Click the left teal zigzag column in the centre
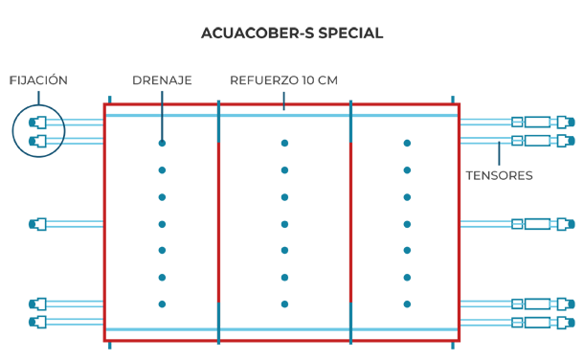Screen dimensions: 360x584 coord(162,225)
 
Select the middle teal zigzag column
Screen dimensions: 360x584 coord(283,225)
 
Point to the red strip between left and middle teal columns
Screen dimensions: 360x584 coord(222,225)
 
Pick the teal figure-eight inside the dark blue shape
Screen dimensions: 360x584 coord(35,130)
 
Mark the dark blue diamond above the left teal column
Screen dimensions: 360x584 coord(163,93)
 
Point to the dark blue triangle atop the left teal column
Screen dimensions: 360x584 coord(163,131)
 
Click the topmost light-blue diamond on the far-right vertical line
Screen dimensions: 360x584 coord(551,123)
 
